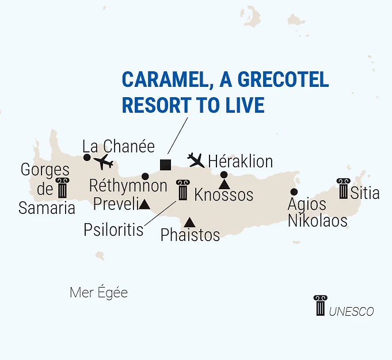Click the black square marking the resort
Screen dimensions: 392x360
165,164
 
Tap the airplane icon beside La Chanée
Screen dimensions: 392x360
104,162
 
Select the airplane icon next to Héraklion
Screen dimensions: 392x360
196,159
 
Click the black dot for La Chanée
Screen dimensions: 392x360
87,158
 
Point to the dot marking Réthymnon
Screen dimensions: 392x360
145,176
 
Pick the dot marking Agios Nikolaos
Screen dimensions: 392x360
294,192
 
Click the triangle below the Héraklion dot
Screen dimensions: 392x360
224,185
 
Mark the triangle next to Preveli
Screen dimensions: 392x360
144,204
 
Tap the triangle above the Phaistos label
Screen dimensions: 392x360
189,222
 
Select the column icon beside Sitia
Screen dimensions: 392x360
344,189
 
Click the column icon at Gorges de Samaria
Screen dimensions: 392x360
62,188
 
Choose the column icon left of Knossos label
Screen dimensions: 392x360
183,190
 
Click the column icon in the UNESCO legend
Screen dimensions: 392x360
320,305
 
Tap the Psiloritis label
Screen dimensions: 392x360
113,229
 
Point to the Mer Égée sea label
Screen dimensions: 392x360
98,293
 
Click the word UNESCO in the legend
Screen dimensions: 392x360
351,312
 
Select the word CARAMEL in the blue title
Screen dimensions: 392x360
161,80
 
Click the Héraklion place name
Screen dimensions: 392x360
240,161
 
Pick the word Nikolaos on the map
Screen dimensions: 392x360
318,220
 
